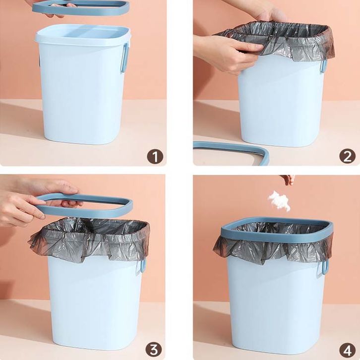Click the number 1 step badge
pos(155,157)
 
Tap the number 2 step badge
pos(348,156)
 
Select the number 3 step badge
pos(154,350)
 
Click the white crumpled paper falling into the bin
pos(279,201)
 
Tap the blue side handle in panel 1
pos(124,58)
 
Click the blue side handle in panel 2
pos(323,66)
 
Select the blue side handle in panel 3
pos(143,266)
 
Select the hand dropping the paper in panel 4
pos(288,180)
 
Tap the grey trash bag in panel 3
pos(90,239)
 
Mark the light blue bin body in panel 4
pos(276,307)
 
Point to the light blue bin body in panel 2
pos(280,103)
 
